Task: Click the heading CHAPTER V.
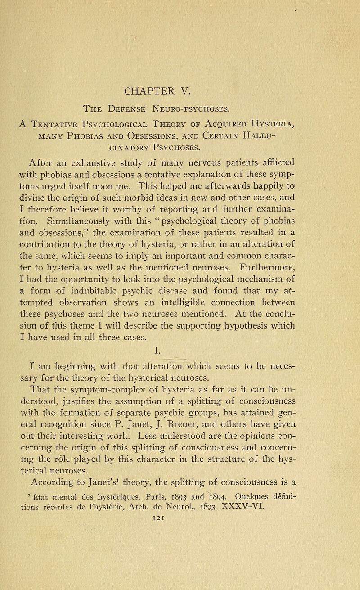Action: [180, 86]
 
